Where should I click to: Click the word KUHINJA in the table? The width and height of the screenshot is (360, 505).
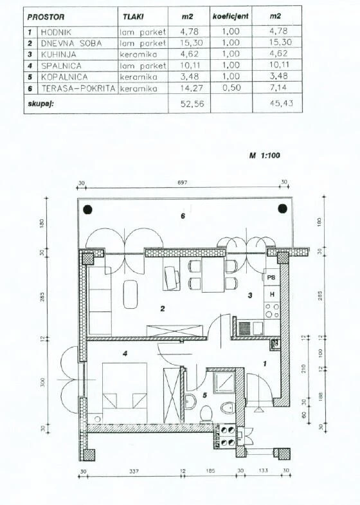[x=59, y=55]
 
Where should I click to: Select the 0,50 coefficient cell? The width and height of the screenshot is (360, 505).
[x=231, y=87]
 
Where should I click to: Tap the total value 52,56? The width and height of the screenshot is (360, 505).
[x=192, y=104]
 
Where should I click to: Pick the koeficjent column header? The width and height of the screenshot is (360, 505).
[x=231, y=16]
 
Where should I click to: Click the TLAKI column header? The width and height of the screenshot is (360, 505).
[x=133, y=17]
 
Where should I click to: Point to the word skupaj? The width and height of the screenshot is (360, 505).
[x=40, y=104]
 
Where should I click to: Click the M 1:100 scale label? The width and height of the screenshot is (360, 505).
[x=265, y=156]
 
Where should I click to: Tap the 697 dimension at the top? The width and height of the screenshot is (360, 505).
[x=182, y=183]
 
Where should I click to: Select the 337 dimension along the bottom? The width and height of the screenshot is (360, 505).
[x=134, y=471]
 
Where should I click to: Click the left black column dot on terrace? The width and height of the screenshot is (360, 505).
[x=88, y=210]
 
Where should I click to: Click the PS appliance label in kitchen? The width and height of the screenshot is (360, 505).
[x=272, y=277]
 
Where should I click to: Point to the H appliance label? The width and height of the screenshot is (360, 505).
[x=272, y=295]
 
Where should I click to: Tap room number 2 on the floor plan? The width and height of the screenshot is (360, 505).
[x=163, y=309]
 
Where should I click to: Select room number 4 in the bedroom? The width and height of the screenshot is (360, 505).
[x=125, y=354]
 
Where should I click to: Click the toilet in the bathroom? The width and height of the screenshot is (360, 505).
[x=206, y=414]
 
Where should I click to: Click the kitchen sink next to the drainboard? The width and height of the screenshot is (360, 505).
[x=258, y=329]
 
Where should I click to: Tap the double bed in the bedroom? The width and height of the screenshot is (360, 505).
[x=125, y=393]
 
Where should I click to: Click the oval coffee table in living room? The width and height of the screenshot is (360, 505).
[x=130, y=295]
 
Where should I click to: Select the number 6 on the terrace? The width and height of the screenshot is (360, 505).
[x=183, y=216]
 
